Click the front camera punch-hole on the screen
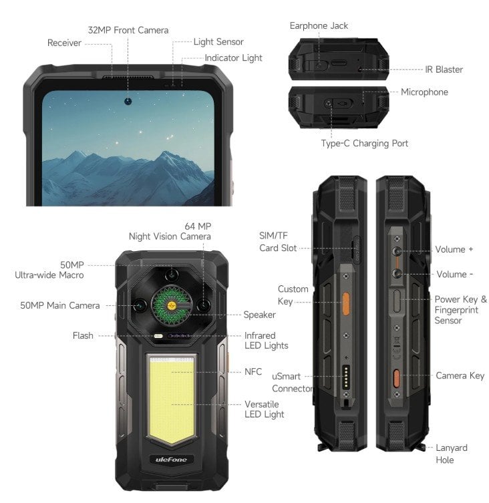point(127,102)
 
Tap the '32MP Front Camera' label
point(128,30)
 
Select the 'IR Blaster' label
point(444,69)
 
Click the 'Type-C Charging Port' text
point(364,143)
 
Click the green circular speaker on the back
point(172,304)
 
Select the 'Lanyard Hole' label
point(452,454)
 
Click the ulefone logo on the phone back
point(171,459)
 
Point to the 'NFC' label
point(253,371)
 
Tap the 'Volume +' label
point(454,249)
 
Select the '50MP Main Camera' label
point(59,305)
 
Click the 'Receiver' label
point(64,43)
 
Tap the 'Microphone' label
point(424,92)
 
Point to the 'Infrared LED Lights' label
point(266,341)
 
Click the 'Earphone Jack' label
point(319,26)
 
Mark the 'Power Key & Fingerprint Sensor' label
point(460,310)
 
